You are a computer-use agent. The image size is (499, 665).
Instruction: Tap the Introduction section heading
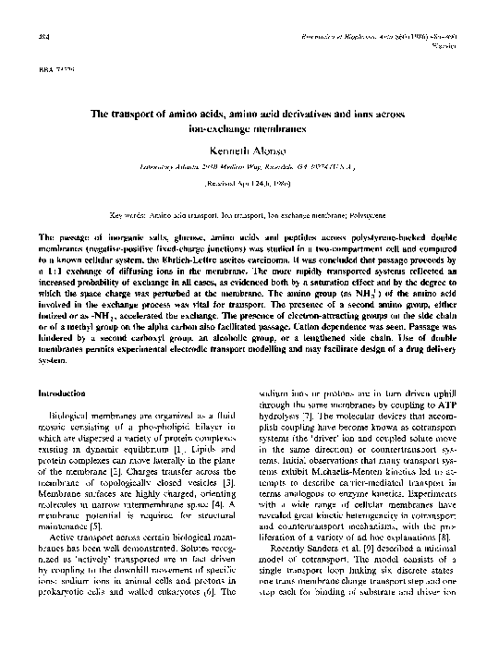click(x=62, y=393)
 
